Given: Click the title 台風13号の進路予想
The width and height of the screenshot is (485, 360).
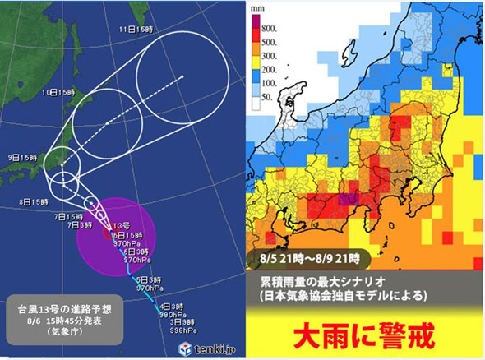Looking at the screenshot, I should coord(72,309).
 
